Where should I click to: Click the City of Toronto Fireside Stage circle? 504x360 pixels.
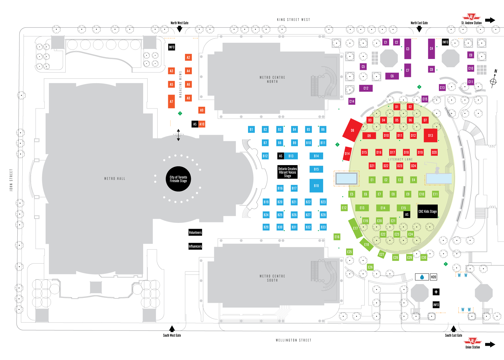pyautogui.click(x=178, y=179)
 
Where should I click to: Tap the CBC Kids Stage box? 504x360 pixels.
pyautogui.click(x=427, y=211)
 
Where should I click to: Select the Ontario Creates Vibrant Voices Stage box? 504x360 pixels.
pyautogui.click(x=287, y=172)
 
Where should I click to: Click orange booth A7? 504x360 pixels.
pyautogui.click(x=171, y=101)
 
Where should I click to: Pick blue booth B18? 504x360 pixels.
pyautogui.click(x=316, y=186)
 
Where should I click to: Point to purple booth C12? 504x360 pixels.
pyautogui.click(x=366, y=88)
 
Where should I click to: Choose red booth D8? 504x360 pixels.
pyautogui.click(x=352, y=130)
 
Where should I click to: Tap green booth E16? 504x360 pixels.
pyautogui.click(x=337, y=237)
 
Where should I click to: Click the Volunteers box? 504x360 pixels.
pyautogui.click(x=195, y=232)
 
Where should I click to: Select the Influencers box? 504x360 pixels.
pyautogui.click(x=195, y=246)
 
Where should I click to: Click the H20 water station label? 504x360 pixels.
pyautogui.click(x=433, y=277)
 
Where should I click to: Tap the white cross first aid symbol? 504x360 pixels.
pyautogui.click(x=436, y=292)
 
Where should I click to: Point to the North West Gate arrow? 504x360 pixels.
pyautogui.click(x=179, y=29)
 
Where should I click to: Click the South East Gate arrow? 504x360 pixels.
pyautogui.click(x=454, y=328)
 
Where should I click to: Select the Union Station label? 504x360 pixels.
pyautogui.click(x=472, y=347)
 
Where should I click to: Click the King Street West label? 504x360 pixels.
pyautogui.click(x=293, y=20)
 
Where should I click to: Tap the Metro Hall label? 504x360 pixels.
pyautogui.click(x=115, y=179)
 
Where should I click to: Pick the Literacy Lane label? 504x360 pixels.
pyautogui.click(x=400, y=159)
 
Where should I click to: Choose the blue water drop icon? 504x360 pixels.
pyautogui.click(x=422, y=277)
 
